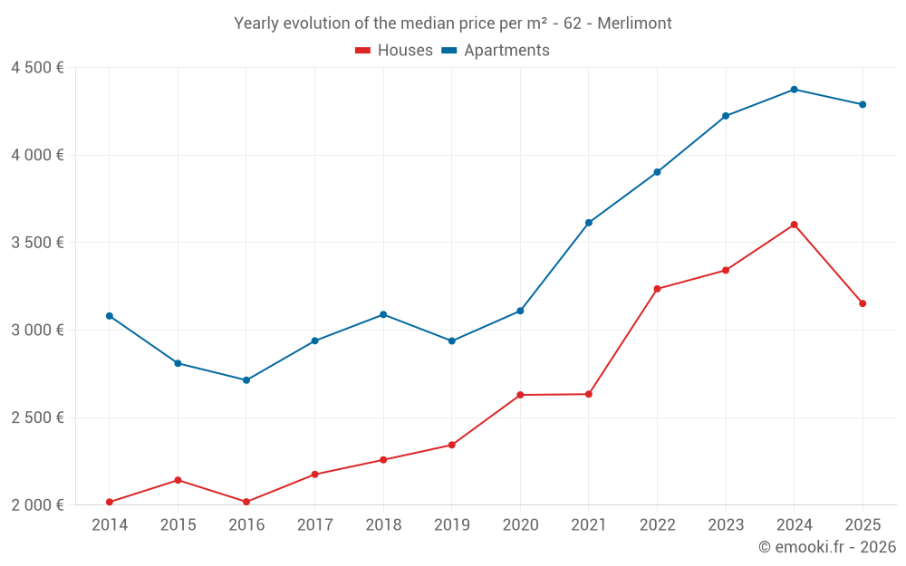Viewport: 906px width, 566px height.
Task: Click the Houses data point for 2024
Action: click(794, 225)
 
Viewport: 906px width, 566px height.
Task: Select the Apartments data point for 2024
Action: click(794, 90)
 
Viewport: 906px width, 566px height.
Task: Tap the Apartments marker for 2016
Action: click(246, 380)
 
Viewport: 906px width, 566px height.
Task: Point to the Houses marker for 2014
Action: click(110, 502)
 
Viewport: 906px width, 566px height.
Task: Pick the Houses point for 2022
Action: click(657, 289)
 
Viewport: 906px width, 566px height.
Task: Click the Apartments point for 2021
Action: click(589, 223)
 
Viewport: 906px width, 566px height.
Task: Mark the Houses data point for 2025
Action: click(863, 303)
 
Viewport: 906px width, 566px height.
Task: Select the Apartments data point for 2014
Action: click(110, 316)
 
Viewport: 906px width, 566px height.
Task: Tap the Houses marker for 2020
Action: click(520, 395)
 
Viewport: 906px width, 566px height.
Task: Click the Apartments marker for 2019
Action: click(452, 341)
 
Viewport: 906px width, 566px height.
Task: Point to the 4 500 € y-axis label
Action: click(37, 68)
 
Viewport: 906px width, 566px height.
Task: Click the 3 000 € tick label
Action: click(37, 330)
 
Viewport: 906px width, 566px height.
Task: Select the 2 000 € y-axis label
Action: click(37, 504)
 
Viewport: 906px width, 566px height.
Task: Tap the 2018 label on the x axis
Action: click(383, 525)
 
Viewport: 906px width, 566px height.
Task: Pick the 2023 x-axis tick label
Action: click(726, 525)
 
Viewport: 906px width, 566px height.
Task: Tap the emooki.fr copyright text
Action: click(826, 547)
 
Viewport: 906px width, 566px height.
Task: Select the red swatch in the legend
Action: click(362, 51)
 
